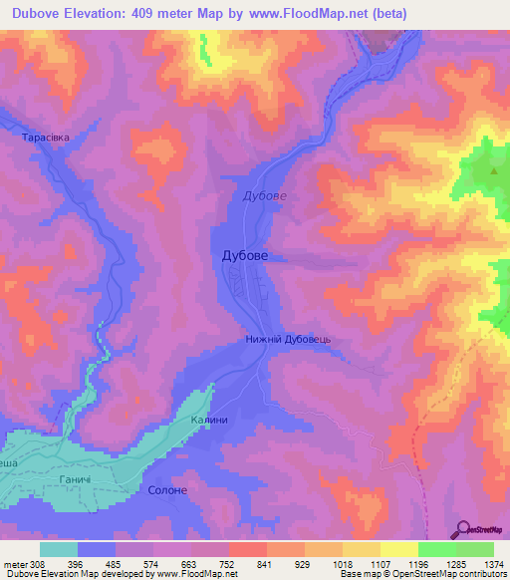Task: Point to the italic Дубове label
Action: point(265,195)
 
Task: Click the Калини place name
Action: point(210,420)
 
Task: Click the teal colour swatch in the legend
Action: point(59,548)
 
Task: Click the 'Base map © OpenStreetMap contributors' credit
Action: point(421,574)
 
